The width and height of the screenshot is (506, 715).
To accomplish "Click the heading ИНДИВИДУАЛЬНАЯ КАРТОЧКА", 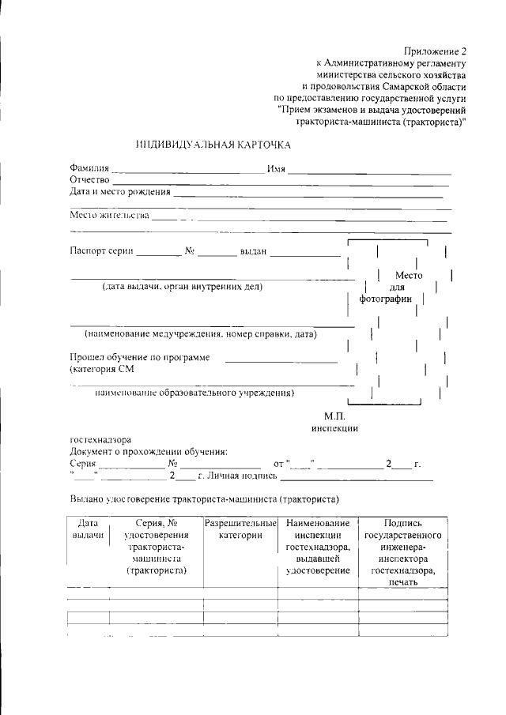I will tap(213, 145).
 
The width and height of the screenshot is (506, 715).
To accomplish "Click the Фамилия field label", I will tap(89, 169).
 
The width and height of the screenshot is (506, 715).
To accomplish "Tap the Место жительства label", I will tap(109, 215).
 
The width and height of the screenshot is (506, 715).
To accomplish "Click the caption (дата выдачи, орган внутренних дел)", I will tap(182, 287).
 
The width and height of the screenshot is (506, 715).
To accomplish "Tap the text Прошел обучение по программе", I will tap(139, 357).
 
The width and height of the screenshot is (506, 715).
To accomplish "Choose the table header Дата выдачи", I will tap(88, 529).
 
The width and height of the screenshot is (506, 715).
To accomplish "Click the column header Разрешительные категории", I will tap(240, 529).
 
